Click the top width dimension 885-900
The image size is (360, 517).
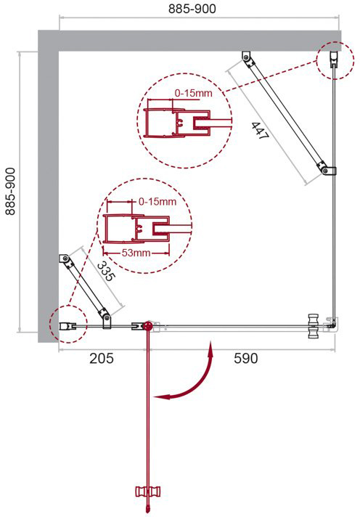[x=192, y=9]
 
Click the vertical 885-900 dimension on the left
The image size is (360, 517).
[x=10, y=191]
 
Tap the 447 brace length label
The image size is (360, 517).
[x=261, y=131]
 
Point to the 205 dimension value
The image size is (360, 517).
[x=102, y=359]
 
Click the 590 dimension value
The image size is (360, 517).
[x=246, y=359]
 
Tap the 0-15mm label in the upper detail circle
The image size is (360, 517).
[x=194, y=93]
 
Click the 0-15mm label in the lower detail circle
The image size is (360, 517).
[x=157, y=201]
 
